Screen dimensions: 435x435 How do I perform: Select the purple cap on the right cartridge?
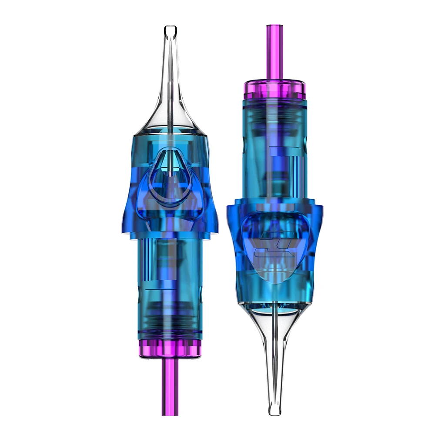tap(275, 90)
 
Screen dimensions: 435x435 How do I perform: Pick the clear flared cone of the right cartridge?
tap(274, 331)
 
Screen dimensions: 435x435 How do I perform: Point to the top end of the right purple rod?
tap(275, 27)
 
